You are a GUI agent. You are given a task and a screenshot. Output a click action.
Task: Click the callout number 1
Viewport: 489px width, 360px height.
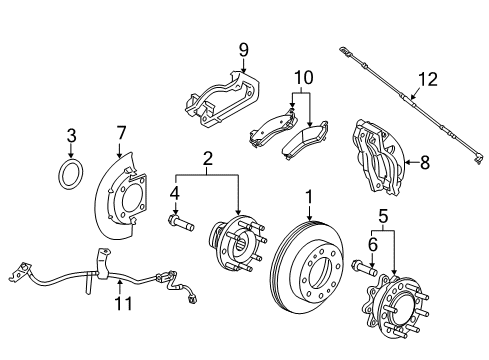click(x=309, y=197)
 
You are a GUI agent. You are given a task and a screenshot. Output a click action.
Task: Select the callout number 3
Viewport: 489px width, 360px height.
click(x=71, y=135)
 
